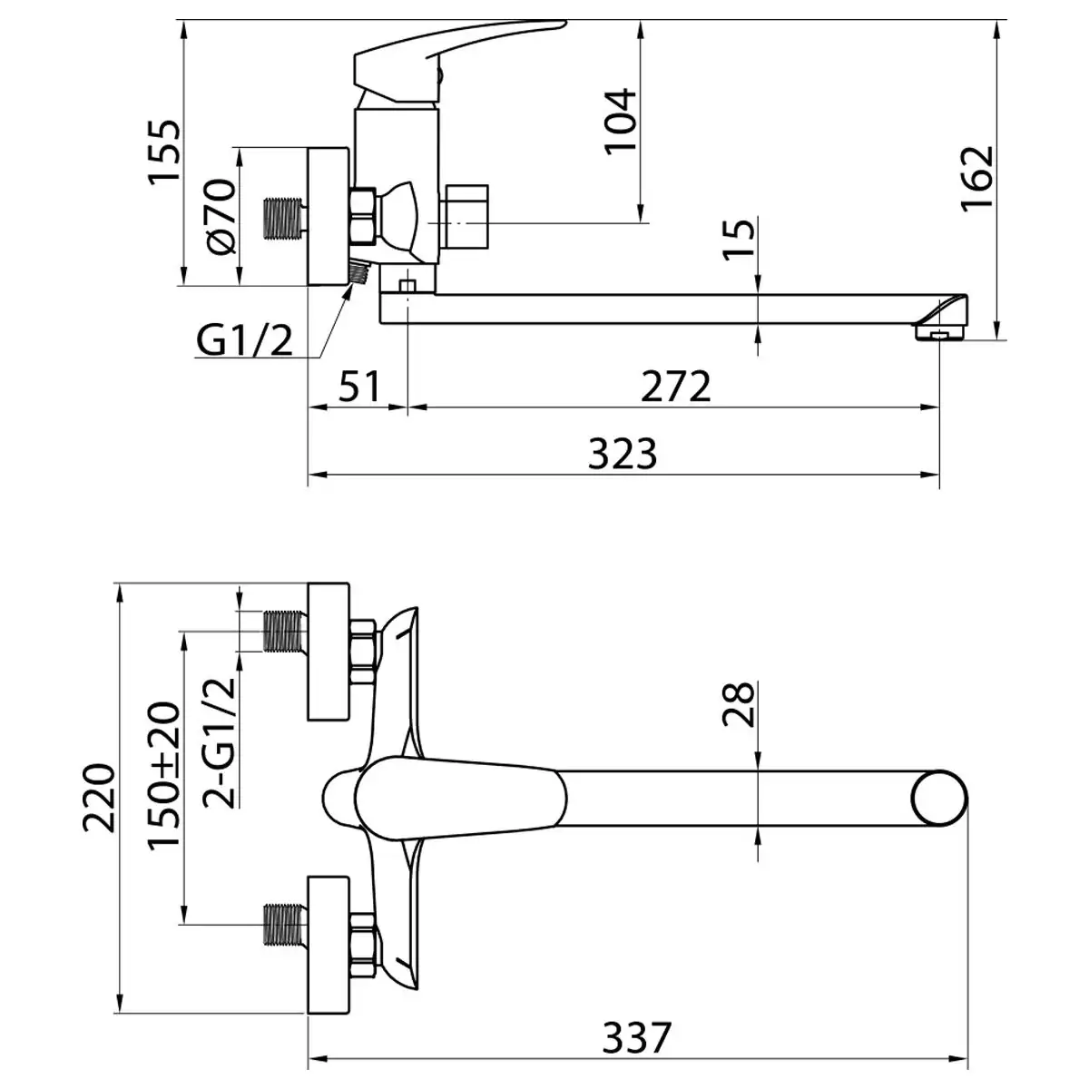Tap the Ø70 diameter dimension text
[221, 217]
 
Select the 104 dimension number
[620, 121]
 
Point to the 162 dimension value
[977, 179]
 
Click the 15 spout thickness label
[739, 238]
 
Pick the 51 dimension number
[360, 387]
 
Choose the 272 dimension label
[676, 387]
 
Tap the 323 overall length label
[623, 453]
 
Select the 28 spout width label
[739, 704]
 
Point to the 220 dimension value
[100, 798]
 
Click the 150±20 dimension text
[164, 776]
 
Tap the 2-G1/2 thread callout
[219, 742]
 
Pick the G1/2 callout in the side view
[244, 341]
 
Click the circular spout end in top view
[938, 800]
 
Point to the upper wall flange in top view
[329, 652]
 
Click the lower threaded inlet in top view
[286, 940]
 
